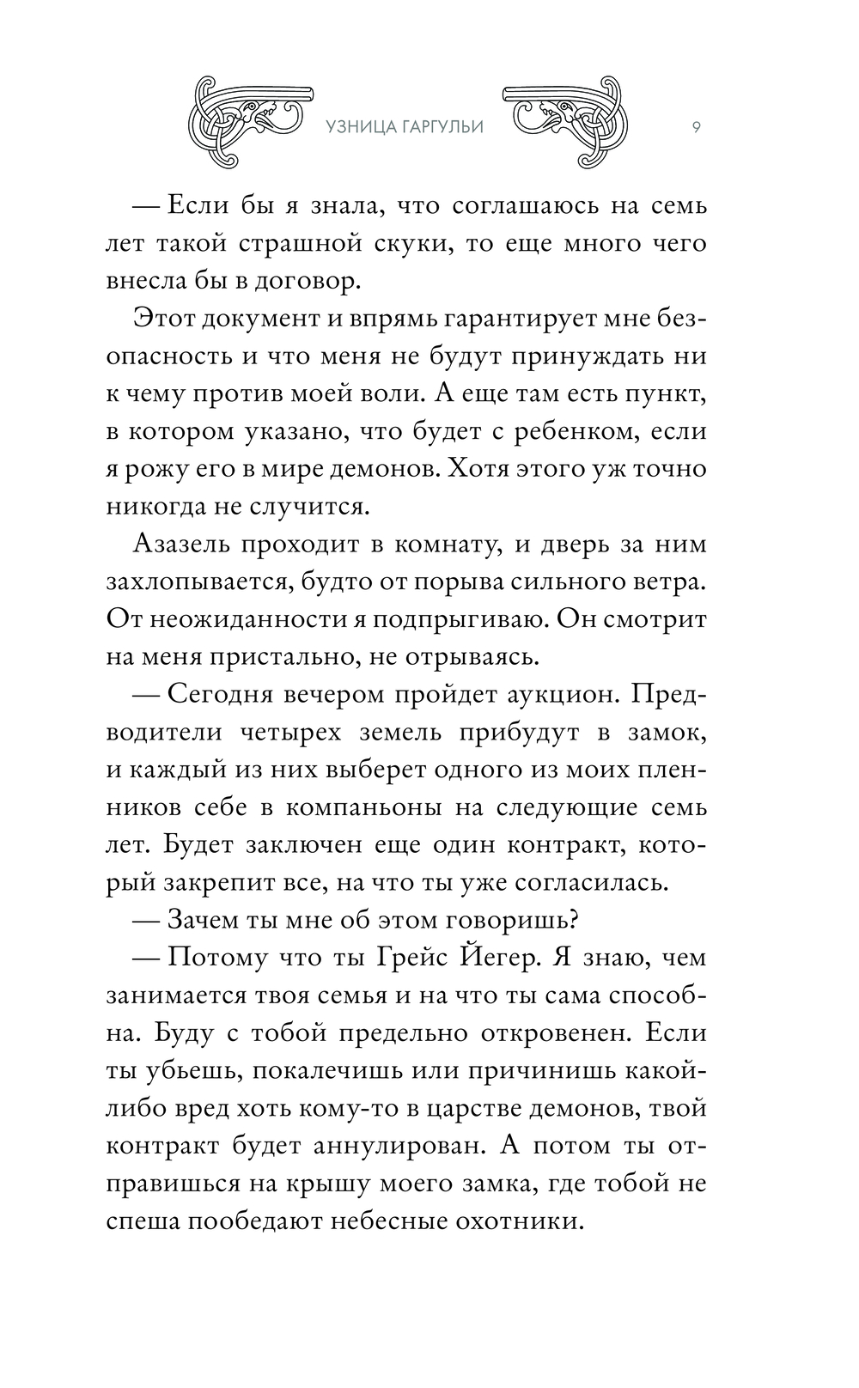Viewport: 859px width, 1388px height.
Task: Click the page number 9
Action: click(x=695, y=128)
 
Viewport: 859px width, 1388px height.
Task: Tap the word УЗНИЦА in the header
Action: click(x=362, y=128)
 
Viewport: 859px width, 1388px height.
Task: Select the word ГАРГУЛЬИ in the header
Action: click(x=442, y=128)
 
